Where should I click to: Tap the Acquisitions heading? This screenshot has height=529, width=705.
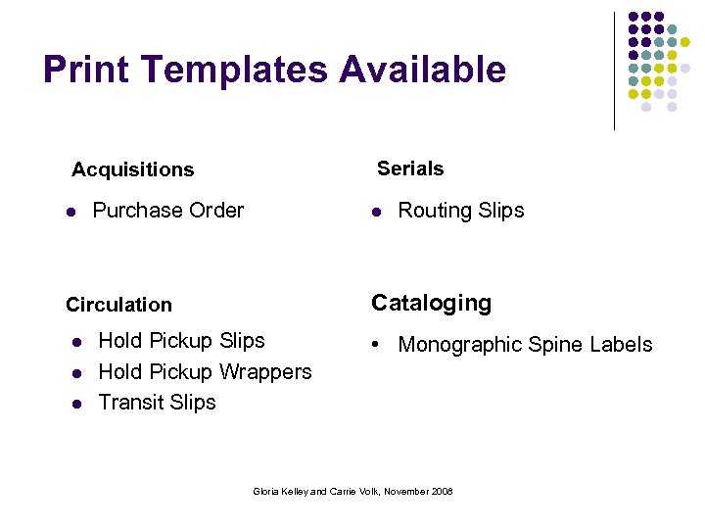tap(132, 169)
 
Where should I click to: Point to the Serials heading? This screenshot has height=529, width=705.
tap(410, 168)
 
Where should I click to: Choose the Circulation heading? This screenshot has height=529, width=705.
tap(118, 305)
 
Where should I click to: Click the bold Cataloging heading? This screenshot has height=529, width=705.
tap(431, 303)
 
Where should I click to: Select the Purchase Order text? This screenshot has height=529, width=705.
tap(167, 210)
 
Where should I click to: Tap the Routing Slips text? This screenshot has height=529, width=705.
tap(460, 210)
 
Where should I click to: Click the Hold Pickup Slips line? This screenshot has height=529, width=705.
tap(181, 340)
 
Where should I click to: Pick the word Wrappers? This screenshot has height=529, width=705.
tap(265, 371)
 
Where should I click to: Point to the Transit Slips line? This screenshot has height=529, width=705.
tap(157, 402)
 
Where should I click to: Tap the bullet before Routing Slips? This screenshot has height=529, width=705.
tap(376, 212)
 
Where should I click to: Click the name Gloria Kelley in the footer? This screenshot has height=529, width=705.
tap(281, 491)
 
